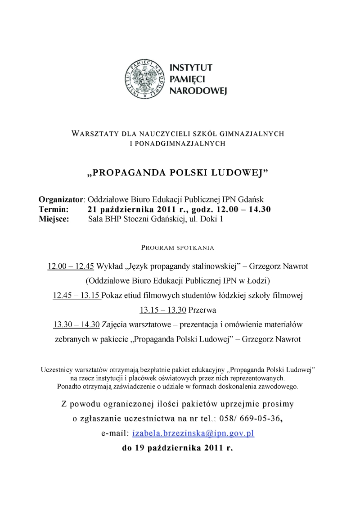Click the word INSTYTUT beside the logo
pyautogui.click(x=190, y=68)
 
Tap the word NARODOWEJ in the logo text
pyautogui.click(x=198, y=91)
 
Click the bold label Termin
pyautogui.click(x=54, y=209)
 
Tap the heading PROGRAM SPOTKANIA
pyautogui.click(x=178, y=248)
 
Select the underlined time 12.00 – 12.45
pyautogui.click(x=71, y=266)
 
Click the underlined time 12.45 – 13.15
pyautogui.click(x=76, y=296)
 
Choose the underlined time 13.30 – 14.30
pyautogui.click(x=76, y=324)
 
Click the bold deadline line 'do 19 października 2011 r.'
pyautogui.click(x=178, y=448)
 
